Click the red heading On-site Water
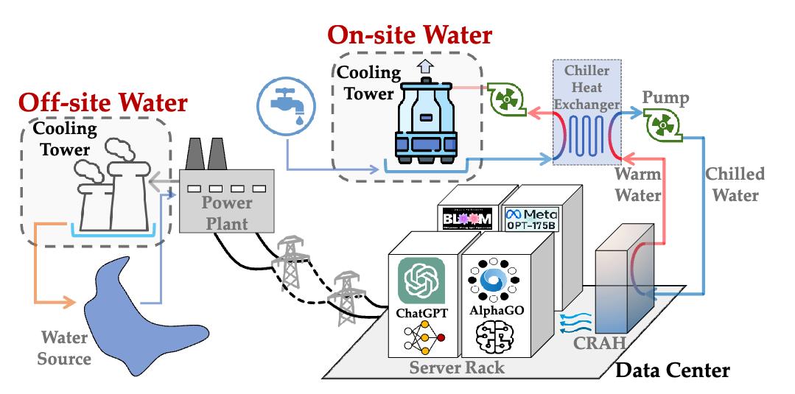click(x=410, y=35)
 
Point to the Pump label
click(x=666, y=99)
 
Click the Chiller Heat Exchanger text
click(x=587, y=88)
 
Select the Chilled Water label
click(x=735, y=185)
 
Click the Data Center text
click(x=672, y=370)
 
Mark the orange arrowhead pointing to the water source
click(x=72, y=300)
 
